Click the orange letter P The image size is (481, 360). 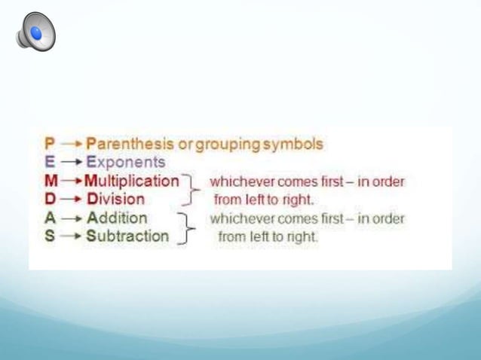click(44, 143)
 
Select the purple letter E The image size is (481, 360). click(44, 162)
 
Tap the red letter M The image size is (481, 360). click(46, 181)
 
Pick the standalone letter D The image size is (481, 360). click(45, 200)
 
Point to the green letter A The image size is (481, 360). click(45, 218)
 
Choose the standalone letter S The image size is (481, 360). click(44, 236)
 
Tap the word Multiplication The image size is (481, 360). click(132, 181)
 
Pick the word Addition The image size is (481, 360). click(118, 218)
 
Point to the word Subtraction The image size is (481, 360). click(127, 236)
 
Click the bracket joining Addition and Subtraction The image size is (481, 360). click(185, 227)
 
